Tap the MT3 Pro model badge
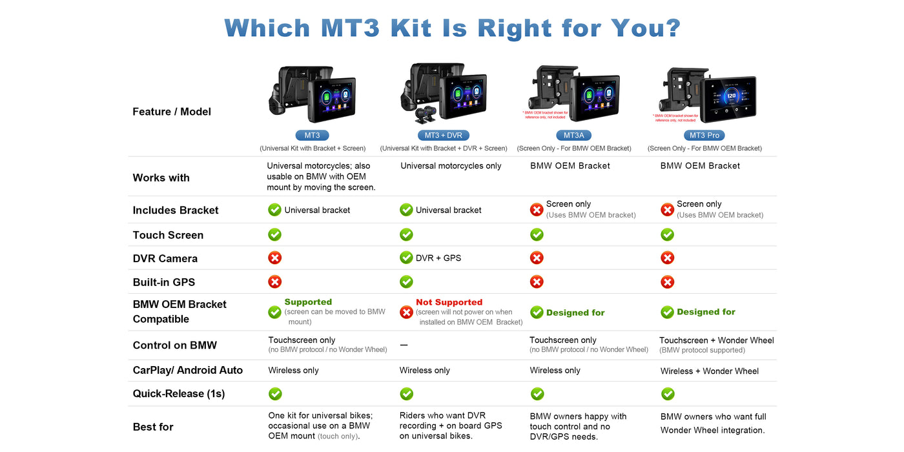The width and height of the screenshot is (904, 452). (704, 136)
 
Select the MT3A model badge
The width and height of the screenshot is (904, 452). (573, 136)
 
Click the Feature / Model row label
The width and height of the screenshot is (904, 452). (172, 112)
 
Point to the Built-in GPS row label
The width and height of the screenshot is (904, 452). (164, 282)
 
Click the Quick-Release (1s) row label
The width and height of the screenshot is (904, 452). (179, 394)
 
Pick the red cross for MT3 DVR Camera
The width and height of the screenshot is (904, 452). (275, 258)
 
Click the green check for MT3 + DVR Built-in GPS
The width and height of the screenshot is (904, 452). (406, 282)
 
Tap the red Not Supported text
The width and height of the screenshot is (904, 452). (449, 302)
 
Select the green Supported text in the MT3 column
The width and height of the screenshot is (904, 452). (308, 302)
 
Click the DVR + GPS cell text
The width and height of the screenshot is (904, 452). (438, 258)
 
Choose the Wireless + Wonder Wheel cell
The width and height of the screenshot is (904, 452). (710, 371)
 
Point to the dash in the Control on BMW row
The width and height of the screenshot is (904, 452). (404, 345)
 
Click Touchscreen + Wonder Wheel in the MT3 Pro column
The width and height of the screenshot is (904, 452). (717, 340)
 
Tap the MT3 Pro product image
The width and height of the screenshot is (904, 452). (708, 95)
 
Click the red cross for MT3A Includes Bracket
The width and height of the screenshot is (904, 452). (537, 210)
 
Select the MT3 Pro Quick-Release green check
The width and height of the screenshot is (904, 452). (668, 394)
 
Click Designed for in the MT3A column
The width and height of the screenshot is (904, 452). (575, 313)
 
